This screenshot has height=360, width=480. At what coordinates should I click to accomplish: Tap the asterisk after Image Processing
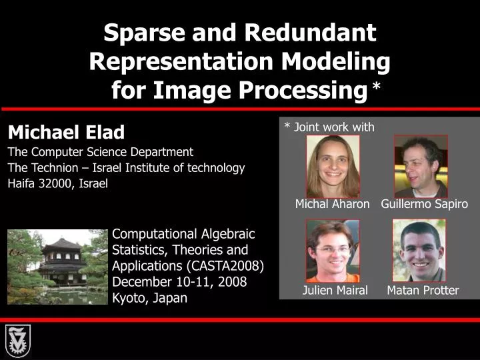click(377, 89)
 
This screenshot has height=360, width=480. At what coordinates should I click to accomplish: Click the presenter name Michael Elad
click(66, 131)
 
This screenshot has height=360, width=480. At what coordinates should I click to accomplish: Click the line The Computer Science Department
click(100, 151)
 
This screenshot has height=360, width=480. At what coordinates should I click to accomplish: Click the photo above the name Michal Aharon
click(333, 166)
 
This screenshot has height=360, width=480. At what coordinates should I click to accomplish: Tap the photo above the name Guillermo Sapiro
click(420, 166)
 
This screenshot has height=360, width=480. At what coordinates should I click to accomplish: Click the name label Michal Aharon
click(332, 204)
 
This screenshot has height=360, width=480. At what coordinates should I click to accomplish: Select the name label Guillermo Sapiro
click(424, 204)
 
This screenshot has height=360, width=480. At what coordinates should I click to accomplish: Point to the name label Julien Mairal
click(335, 290)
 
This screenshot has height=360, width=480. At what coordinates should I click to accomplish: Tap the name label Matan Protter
click(423, 290)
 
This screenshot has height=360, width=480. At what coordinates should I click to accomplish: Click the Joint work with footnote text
click(329, 127)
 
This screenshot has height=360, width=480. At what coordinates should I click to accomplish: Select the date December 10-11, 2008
click(179, 282)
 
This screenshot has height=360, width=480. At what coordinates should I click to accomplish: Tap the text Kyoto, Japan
click(149, 298)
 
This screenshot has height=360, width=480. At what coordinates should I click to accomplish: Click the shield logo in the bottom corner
click(17, 341)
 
